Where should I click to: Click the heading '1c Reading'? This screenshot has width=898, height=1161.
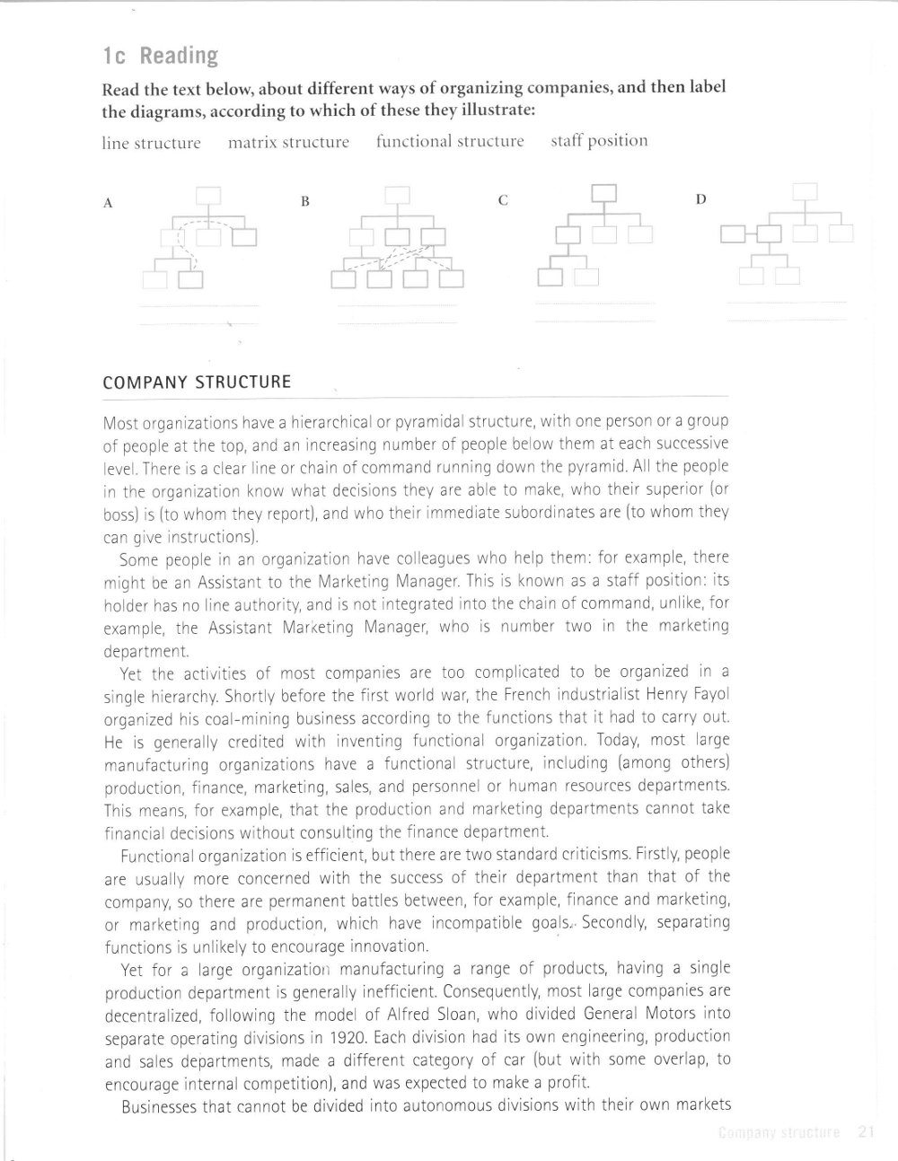[161, 57]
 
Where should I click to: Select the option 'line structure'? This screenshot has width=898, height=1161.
[151, 143]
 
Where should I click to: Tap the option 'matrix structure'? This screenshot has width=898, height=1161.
[288, 142]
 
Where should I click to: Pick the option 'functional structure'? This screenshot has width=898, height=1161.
[450, 141]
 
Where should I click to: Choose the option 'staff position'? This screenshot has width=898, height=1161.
[599, 141]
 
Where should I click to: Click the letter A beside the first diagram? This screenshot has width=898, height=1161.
[108, 203]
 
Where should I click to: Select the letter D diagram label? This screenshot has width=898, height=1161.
[701, 199]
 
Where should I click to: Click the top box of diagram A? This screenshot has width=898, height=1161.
[208, 197]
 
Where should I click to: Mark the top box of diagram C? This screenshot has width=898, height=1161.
[603, 193]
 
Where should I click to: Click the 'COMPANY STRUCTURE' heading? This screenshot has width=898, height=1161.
[197, 383]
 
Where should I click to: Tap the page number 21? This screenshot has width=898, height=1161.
[866, 1132]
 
